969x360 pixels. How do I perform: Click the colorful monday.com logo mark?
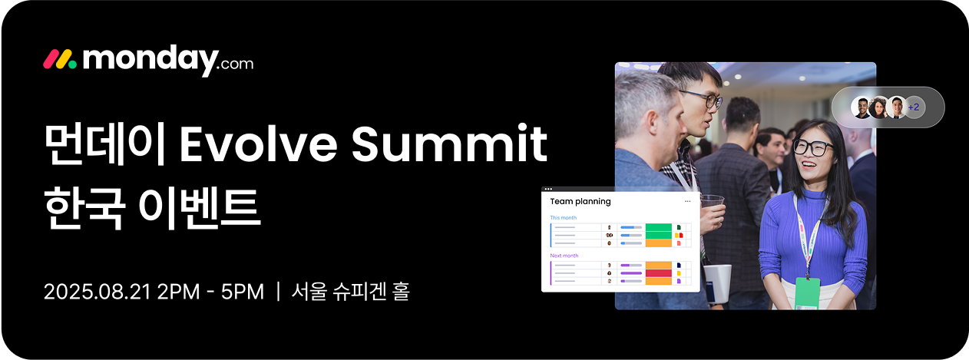point(60,59)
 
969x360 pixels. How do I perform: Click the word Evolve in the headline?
point(258,143)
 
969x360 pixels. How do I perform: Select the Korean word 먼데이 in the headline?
point(104,144)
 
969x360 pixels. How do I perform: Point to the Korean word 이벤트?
point(200,208)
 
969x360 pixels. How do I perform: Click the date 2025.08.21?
point(98,292)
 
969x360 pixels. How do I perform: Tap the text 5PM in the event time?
point(243,292)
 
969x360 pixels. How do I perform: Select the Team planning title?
point(580,202)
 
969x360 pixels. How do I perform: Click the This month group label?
point(563,218)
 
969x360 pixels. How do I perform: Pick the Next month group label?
point(564,256)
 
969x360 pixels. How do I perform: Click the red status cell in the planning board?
point(658,273)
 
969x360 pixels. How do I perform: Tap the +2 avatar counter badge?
point(914,107)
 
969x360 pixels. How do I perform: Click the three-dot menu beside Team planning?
point(687,202)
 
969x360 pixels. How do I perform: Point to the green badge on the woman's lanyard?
point(807,293)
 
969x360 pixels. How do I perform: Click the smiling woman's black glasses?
point(812,147)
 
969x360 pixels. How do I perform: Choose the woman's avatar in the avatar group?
point(878,107)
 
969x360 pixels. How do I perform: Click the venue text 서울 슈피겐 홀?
point(350,291)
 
